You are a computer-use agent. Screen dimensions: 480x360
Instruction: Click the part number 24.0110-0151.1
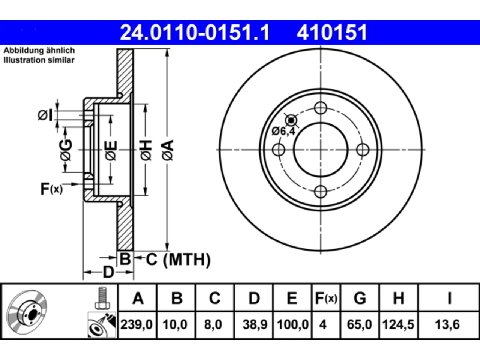195,33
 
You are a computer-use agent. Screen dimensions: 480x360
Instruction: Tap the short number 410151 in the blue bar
332,33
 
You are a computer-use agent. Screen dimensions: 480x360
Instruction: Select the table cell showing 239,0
136,324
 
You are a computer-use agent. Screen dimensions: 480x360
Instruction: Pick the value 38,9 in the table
255,324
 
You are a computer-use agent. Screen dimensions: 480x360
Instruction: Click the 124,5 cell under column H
398,324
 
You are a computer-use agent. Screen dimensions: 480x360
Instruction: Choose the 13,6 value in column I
447,324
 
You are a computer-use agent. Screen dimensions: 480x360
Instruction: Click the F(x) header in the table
326,298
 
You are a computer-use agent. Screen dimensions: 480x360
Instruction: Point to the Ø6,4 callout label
283,131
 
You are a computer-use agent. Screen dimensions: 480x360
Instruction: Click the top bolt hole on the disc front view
321,108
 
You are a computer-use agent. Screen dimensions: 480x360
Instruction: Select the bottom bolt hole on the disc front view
321,192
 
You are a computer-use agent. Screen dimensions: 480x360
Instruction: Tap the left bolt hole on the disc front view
279,150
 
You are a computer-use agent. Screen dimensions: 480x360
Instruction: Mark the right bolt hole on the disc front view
363,150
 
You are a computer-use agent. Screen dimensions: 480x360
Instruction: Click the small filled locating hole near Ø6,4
291,120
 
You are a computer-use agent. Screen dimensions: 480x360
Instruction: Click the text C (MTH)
178,259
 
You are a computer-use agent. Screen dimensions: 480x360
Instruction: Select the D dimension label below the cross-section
108,272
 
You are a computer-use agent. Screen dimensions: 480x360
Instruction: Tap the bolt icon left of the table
102,297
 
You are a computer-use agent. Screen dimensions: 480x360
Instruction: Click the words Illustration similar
39,60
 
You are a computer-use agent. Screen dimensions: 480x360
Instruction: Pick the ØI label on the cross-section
45,115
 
